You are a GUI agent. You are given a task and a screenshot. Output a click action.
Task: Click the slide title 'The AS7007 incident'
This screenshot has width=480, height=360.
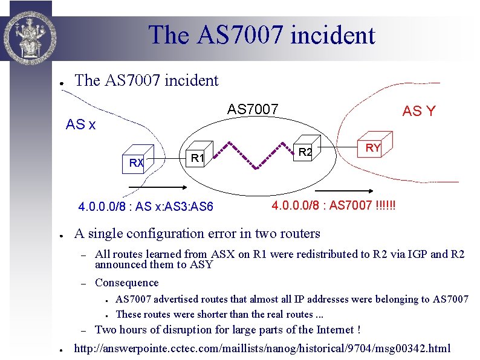(x=261, y=34)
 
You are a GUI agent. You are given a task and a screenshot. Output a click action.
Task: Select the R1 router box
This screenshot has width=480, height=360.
(x=195, y=157)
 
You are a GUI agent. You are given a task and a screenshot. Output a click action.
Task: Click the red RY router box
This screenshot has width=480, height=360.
(x=372, y=145)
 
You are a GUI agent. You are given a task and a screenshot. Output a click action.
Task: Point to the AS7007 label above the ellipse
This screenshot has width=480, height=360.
(x=253, y=109)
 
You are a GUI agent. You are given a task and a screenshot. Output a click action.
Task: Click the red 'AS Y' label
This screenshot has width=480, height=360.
(x=418, y=111)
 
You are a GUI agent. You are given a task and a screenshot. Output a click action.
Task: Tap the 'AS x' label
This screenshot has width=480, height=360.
(x=80, y=125)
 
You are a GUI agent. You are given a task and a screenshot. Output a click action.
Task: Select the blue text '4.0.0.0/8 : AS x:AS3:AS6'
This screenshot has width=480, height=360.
(x=146, y=207)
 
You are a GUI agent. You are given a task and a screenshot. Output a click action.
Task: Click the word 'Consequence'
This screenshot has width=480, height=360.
(x=127, y=283)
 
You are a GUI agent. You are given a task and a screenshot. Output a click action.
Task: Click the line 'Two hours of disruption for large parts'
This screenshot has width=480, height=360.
(x=228, y=329)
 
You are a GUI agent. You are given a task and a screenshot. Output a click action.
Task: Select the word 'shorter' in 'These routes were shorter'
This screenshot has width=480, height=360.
(x=206, y=314)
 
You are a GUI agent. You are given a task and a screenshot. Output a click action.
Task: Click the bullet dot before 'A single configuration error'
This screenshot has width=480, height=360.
(x=54, y=234)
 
